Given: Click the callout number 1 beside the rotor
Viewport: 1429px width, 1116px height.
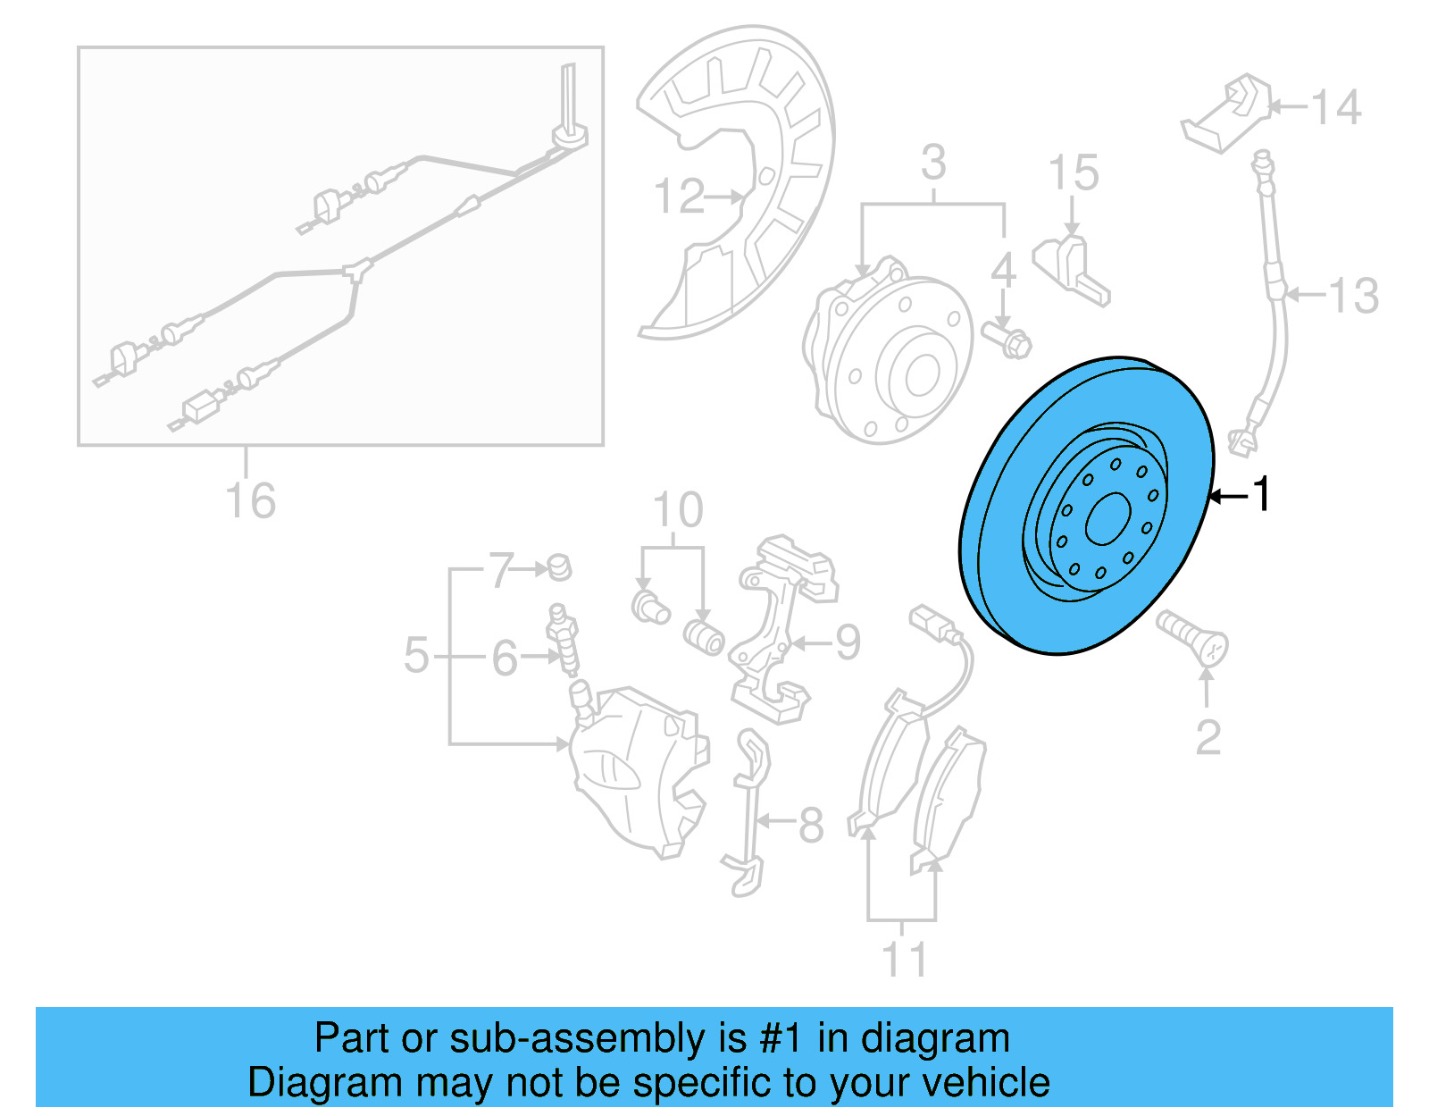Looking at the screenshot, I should click(x=1261, y=494).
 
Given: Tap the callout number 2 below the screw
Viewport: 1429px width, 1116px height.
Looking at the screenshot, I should click(x=1208, y=738).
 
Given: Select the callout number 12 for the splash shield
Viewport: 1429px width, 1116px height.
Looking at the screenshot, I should click(x=679, y=196).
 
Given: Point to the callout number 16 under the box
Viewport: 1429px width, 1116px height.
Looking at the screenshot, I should click(x=250, y=500).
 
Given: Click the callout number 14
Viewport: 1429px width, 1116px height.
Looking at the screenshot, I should click(x=1336, y=107).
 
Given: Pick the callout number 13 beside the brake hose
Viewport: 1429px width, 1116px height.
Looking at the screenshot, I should click(x=1353, y=296).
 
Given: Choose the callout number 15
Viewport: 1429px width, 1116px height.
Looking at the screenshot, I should click(x=1073, y=172).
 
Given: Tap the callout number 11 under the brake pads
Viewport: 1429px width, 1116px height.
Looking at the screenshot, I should click(x=904, y=960).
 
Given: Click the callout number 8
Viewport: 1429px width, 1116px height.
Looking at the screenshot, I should click(x=810, y=825).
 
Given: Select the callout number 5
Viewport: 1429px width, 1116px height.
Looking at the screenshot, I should click(x=416, y=655).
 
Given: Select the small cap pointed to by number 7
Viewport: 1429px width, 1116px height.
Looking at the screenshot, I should click(x=559, y=566).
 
